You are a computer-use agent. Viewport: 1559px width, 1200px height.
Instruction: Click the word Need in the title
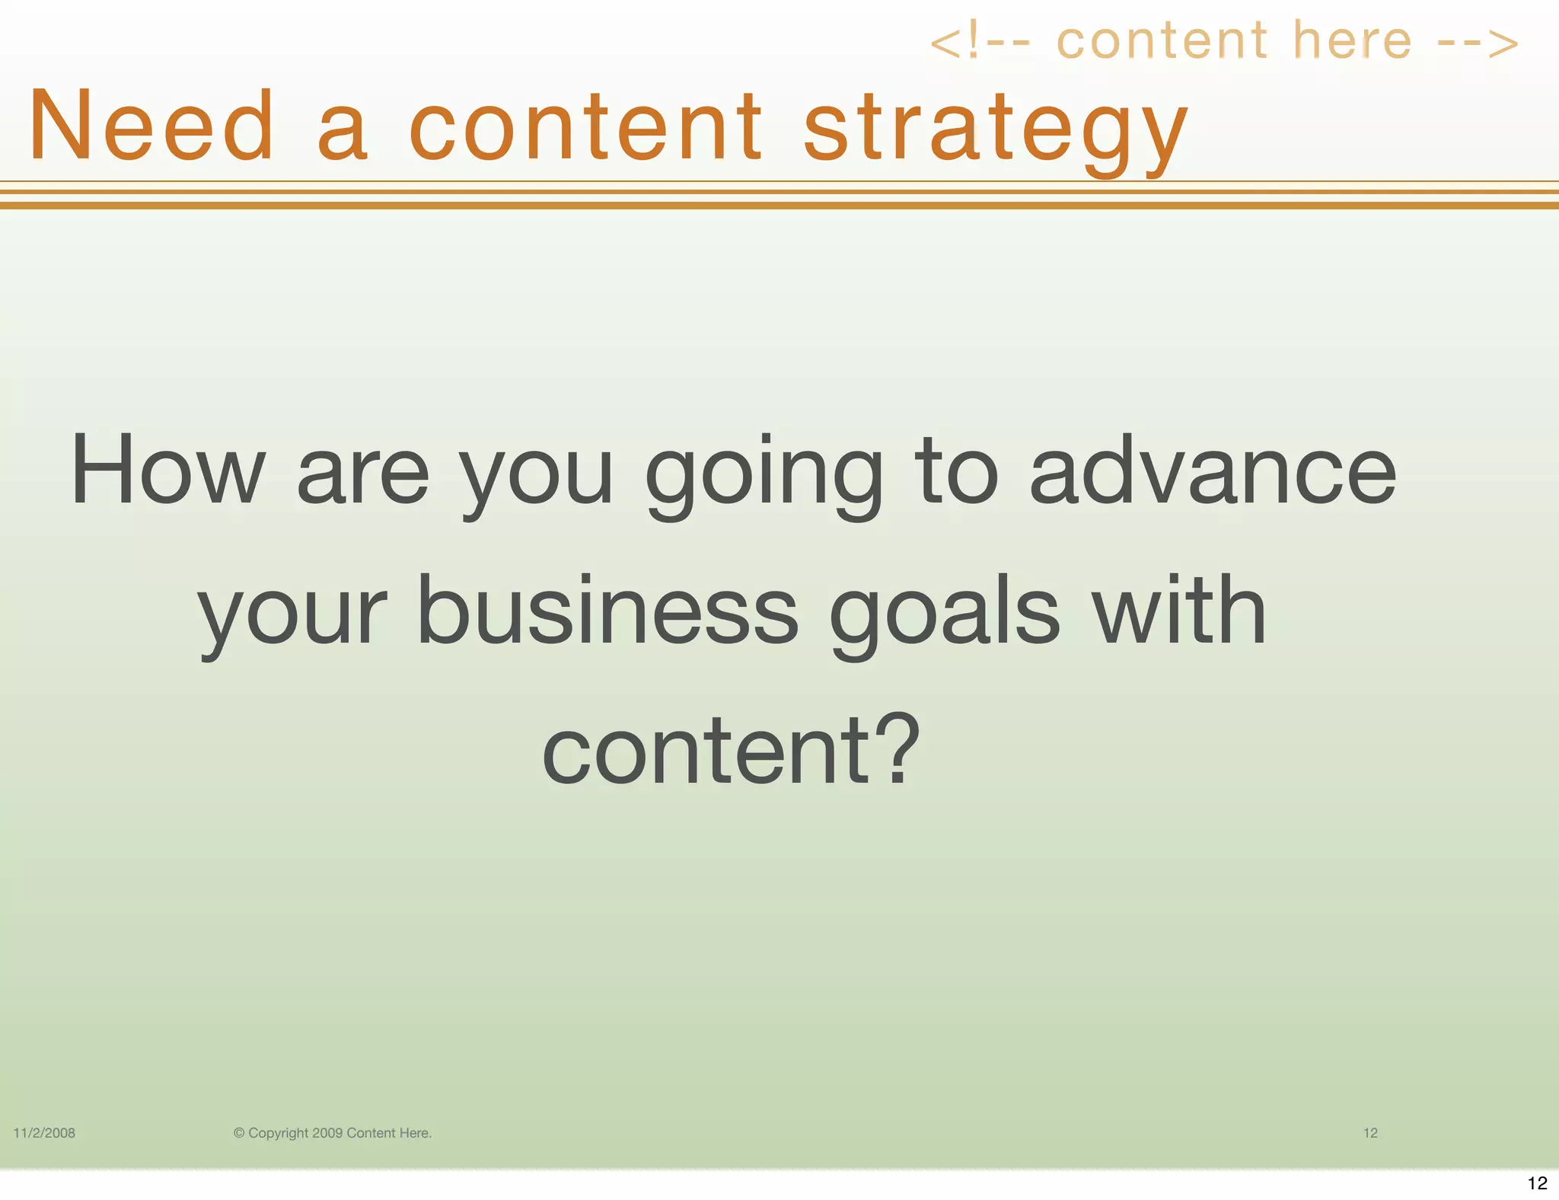click(151, 126)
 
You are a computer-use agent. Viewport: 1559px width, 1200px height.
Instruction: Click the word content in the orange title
click(585, 126)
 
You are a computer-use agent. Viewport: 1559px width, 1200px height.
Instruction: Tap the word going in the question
click(764, 476)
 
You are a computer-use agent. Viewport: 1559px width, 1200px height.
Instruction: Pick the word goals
click(945, 615)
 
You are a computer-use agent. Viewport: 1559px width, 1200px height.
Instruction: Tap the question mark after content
click(899, 749)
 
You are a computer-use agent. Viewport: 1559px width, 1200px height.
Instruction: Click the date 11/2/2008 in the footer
click(44, 1133)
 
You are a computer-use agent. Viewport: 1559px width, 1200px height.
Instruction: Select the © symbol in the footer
click(239, 1133)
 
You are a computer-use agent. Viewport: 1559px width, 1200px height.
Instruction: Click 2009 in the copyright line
click(327, 1133)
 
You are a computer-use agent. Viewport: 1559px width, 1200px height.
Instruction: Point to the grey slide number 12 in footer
click(1370, 1133)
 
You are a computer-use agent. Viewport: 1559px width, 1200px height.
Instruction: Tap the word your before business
click(292, 615)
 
